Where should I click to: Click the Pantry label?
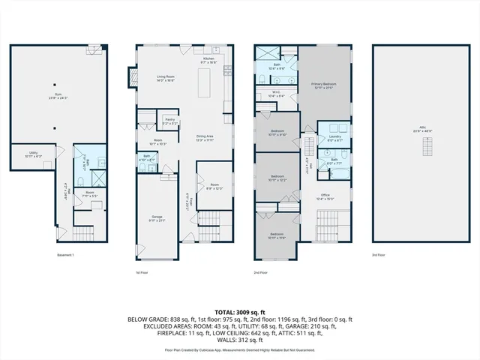pos(170,121)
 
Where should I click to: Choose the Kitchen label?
pos(209,59)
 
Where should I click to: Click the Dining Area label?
pos(205,138)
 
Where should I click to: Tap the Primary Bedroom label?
pos(323,85)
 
